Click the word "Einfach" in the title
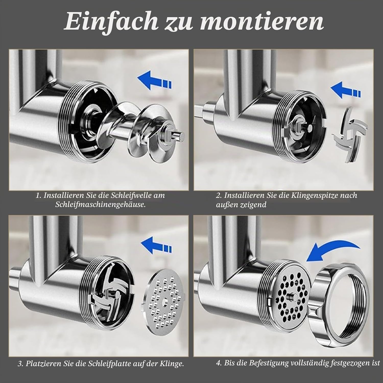point(110,22)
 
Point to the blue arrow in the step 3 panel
point(157,246)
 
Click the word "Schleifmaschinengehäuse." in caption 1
point(100,205)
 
